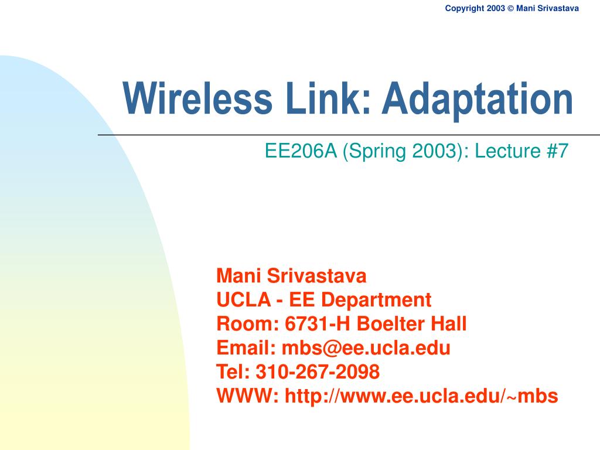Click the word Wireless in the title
pos(197,98)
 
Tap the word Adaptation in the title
pos(477,101)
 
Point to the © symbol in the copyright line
pos(510,8)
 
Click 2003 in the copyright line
pos(496,8)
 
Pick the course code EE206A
pos(301,151)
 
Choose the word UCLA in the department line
pos(244,299)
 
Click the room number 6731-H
pos(318,323)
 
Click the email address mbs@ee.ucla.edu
pos(366,348)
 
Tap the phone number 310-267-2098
pos(318,371)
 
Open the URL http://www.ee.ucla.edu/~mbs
pos(421,396)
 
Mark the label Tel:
pos(233,371)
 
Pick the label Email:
pos(246,348)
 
